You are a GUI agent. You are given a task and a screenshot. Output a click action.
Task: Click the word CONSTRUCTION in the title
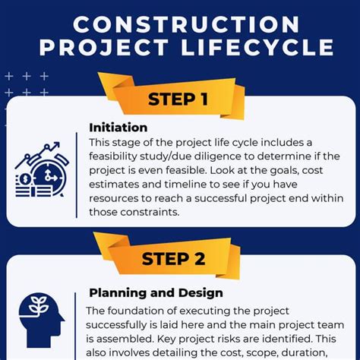(x=180, y=23)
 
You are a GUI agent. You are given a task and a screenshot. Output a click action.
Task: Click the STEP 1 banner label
(x=177, y=99)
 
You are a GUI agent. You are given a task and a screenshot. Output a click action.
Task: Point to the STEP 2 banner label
(x=173, y=257)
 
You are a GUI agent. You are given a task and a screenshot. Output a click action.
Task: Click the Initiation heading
(x=118, y=127)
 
